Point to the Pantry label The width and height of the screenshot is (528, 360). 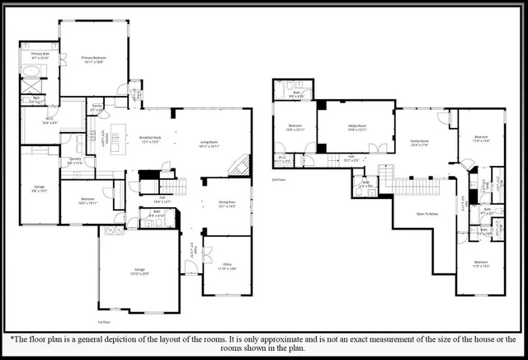(96, 107)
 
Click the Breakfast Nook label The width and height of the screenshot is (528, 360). (149, 140)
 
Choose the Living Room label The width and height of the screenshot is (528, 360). (209, 143)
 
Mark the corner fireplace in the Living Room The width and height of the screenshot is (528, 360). (238, 165)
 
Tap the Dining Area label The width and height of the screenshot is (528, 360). (226, 203)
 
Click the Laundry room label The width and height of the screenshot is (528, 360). (75, 161)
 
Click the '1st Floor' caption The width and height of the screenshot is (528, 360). (104, 321)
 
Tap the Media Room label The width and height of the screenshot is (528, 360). (356, 128)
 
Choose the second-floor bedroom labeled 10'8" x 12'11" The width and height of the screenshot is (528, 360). (295, 129)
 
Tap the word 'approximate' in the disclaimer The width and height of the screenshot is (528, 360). (299, 339)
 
